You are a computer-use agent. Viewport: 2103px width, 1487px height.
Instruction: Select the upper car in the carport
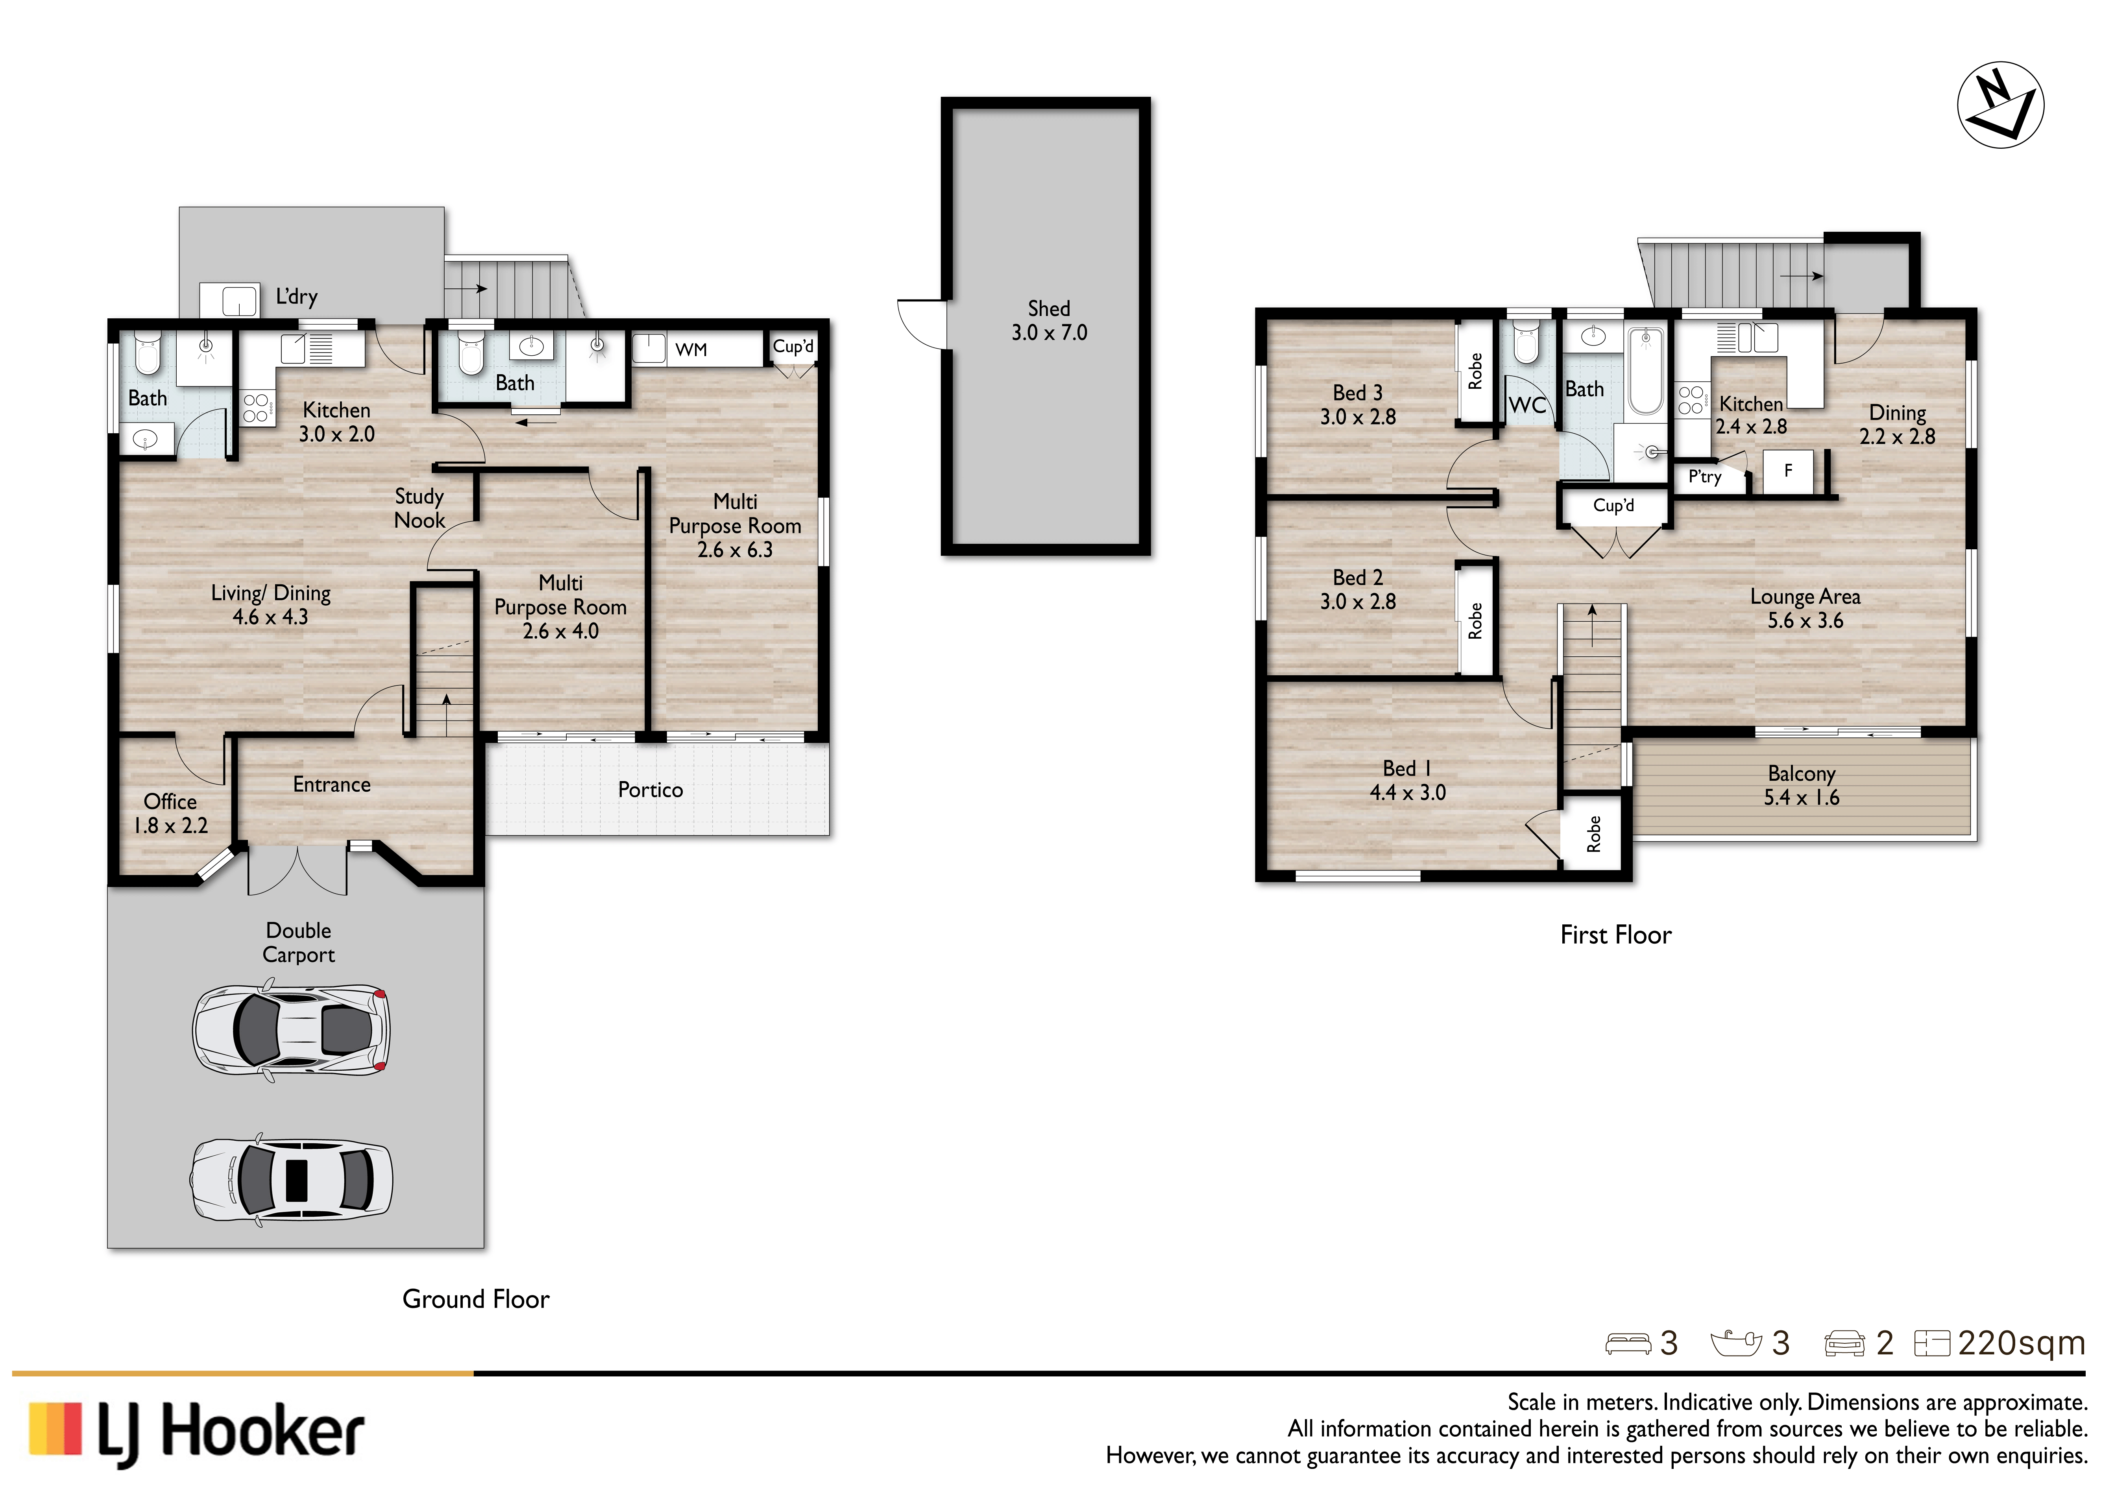coord(290,1030)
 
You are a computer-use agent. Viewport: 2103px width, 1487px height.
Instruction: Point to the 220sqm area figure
coord(2021,1343)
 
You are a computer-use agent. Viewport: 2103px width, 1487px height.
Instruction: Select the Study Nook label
coord(419,508)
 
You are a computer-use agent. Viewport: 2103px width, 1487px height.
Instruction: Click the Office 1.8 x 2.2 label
coord(170,813)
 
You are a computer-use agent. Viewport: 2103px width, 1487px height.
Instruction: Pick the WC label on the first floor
coord(1527,405)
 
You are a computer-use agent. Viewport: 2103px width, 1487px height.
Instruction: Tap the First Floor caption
coord(1616,935)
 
